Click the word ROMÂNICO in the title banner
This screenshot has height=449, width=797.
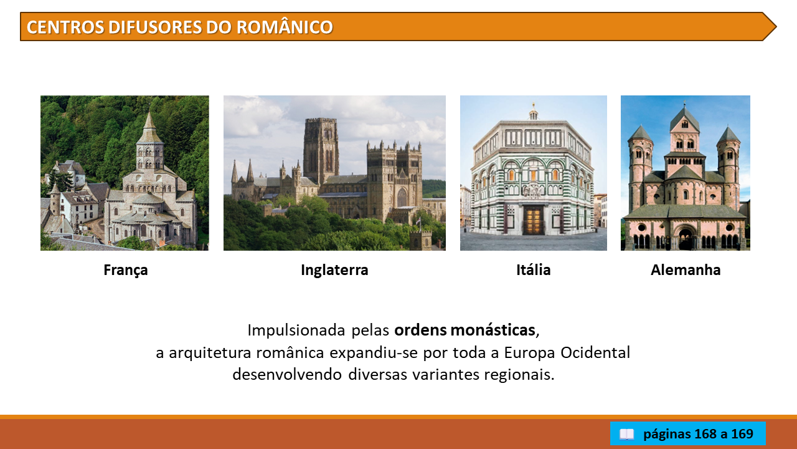pos(285,27)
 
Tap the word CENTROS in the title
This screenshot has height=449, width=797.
pos(65,27)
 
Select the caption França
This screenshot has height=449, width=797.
pos(126,270)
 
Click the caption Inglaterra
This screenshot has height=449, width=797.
pos(334,270)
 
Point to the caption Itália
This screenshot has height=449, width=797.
pos(534,270)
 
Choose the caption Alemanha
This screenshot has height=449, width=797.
pos(686,270)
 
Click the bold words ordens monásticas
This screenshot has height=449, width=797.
pos(465,330)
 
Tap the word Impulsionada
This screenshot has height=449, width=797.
pos(296,331)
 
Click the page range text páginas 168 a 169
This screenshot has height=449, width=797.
pos(699,433)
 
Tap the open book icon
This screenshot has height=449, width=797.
pos(626,435)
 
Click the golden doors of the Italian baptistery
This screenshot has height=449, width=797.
pos(534,221)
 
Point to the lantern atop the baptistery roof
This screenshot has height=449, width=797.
pos(533,112)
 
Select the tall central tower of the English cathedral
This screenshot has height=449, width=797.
pos(321,150)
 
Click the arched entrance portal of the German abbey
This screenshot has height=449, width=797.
pos(685,238)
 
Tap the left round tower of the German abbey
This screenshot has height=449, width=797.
pos(640,168)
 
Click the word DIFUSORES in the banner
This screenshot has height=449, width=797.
pos(171,27)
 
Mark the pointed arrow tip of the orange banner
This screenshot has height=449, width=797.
pos(776,27)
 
